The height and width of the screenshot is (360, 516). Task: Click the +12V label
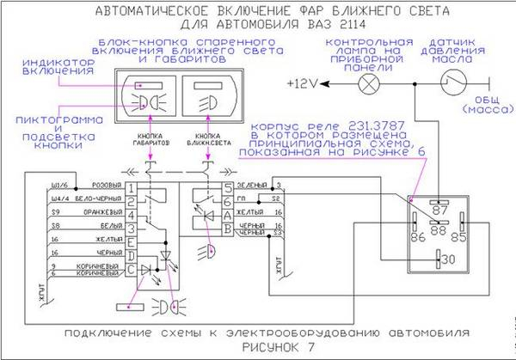(x=305, y=83)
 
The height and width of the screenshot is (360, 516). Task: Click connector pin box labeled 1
(x=130, y=186)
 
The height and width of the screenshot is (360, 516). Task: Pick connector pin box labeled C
(x=130, y=270)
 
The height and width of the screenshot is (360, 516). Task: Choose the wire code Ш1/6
(x=61, y=186)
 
